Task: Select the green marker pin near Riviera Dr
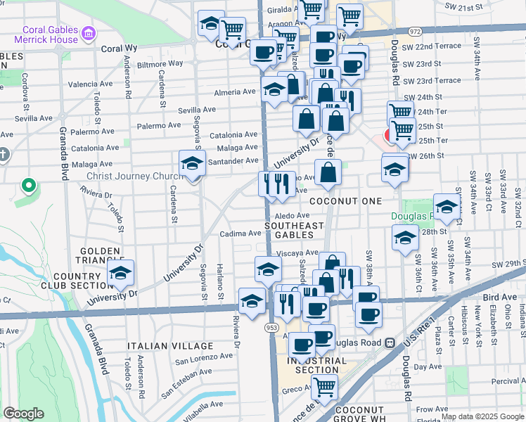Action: [28, 186]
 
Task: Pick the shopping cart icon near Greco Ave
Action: [324, 386]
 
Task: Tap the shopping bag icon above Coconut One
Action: [328, 172]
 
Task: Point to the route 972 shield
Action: [414, 32]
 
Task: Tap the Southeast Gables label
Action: [294, 230]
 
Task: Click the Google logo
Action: [23, 414]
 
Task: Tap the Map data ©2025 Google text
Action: [482, 416]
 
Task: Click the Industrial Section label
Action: [317, 365]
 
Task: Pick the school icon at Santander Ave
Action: [192, 164]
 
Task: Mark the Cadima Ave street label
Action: [240, 234]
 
